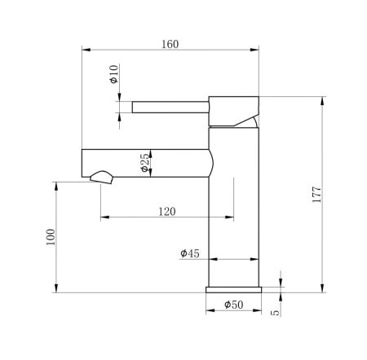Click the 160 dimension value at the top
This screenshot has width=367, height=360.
[x=170, y=43]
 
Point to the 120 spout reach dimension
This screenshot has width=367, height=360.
[x=166, y=211]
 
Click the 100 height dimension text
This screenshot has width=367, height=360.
[x=51, y=237]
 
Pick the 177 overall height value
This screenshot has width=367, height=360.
[x=317, y=195]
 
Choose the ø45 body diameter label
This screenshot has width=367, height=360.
[x=190, y=253]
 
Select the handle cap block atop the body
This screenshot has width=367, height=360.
[x=235, y=110]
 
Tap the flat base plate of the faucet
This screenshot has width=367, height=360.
[x=235, y=288]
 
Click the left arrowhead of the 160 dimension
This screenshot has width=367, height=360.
[x=83, y=50]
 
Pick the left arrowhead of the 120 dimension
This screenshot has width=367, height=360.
[x=103, y=217]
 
